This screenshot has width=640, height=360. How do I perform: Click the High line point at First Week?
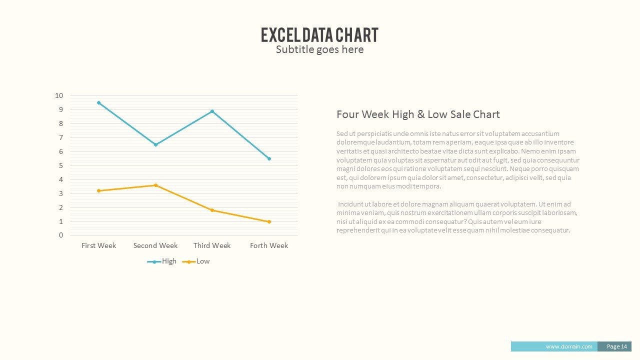coord(99,102)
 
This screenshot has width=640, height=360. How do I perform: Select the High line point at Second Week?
coord(155,144)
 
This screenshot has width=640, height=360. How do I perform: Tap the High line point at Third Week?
coord(212,111)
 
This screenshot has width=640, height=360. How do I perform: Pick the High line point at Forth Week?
coord(269,158)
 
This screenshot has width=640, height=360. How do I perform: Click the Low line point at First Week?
coord(99,190)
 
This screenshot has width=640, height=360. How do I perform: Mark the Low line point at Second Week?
coord(155,185)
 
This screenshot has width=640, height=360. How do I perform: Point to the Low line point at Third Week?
coord(212,210)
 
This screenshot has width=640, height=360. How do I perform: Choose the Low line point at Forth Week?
coord(269,221)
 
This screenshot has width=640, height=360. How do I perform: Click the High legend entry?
coord(162,261)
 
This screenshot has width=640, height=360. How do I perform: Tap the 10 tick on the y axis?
coord(59,95)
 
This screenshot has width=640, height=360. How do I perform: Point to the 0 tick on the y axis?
coord(61,235)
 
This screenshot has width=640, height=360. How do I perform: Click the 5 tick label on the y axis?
coord(61,165)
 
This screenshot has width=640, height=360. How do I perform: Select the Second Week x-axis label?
coord(155,245)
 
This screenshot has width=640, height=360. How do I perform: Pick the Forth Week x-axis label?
coord(269,245)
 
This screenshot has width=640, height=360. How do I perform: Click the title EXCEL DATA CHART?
coord(319,35)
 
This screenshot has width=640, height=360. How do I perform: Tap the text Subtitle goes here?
coord(319,49)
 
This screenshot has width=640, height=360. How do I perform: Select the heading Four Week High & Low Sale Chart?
coord(418,114)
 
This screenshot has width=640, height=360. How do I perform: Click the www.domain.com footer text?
coord(569,346)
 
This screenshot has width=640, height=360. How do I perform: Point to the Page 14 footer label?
coord(617,346)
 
